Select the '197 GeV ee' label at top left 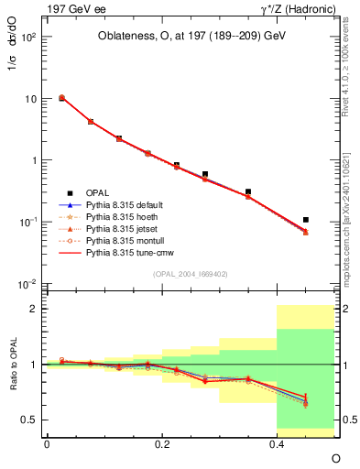tap(74, 8)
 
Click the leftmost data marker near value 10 tap(61, 98)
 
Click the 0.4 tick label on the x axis tap(277, 443)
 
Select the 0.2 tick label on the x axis tap(162, 443)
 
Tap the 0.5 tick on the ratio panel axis tap(31, 420)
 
